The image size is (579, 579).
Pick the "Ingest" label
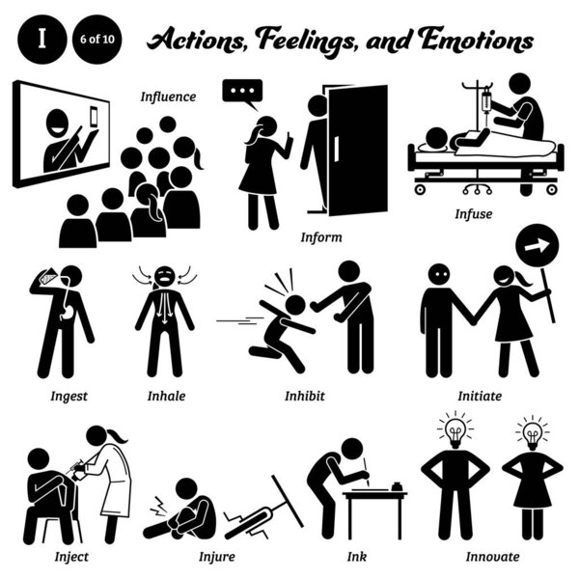pos(61,395)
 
